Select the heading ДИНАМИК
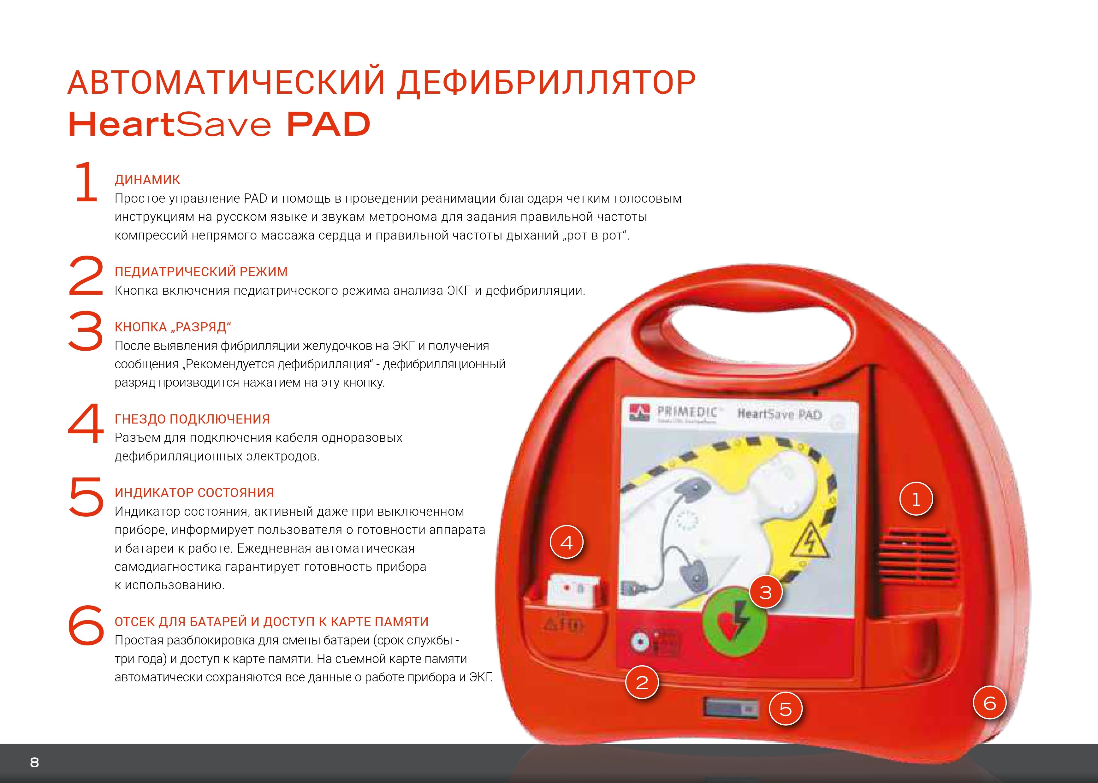click(147, 180)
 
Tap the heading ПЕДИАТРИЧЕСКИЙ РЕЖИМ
click(201, 272)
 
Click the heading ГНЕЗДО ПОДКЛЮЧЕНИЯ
click(192, 419)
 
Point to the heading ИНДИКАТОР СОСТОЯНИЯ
click(194, 493)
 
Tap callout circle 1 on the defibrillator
click(916, 499)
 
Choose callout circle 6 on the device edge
click(989, 703)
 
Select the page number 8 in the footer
click(34, 762)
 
